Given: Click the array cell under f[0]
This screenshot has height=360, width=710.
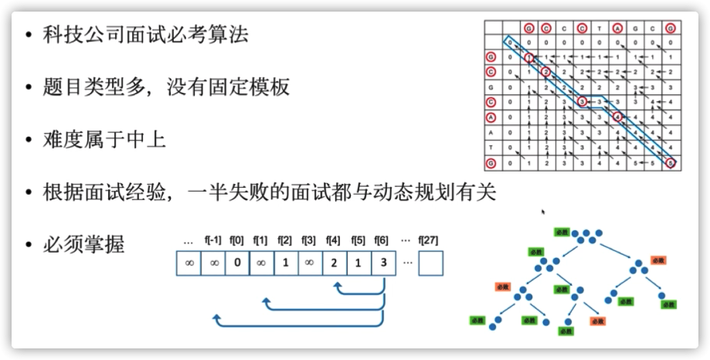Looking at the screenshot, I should click(236, 263).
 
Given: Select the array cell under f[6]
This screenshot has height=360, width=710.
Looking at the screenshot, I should click(383, 263).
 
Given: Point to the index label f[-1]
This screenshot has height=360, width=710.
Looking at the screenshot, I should click(212, 239).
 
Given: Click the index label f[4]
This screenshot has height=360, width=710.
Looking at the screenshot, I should click(333, 239).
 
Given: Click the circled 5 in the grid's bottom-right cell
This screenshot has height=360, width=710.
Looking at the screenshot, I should click(671, 163).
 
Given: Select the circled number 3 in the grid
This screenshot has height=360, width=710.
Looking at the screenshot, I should click(582, 101).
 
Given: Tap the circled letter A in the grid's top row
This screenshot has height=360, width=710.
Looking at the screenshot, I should click(617, 29).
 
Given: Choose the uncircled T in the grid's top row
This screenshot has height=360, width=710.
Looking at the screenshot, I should click(600, 29).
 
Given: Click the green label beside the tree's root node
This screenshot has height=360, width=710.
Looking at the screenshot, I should click(561, 232).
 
